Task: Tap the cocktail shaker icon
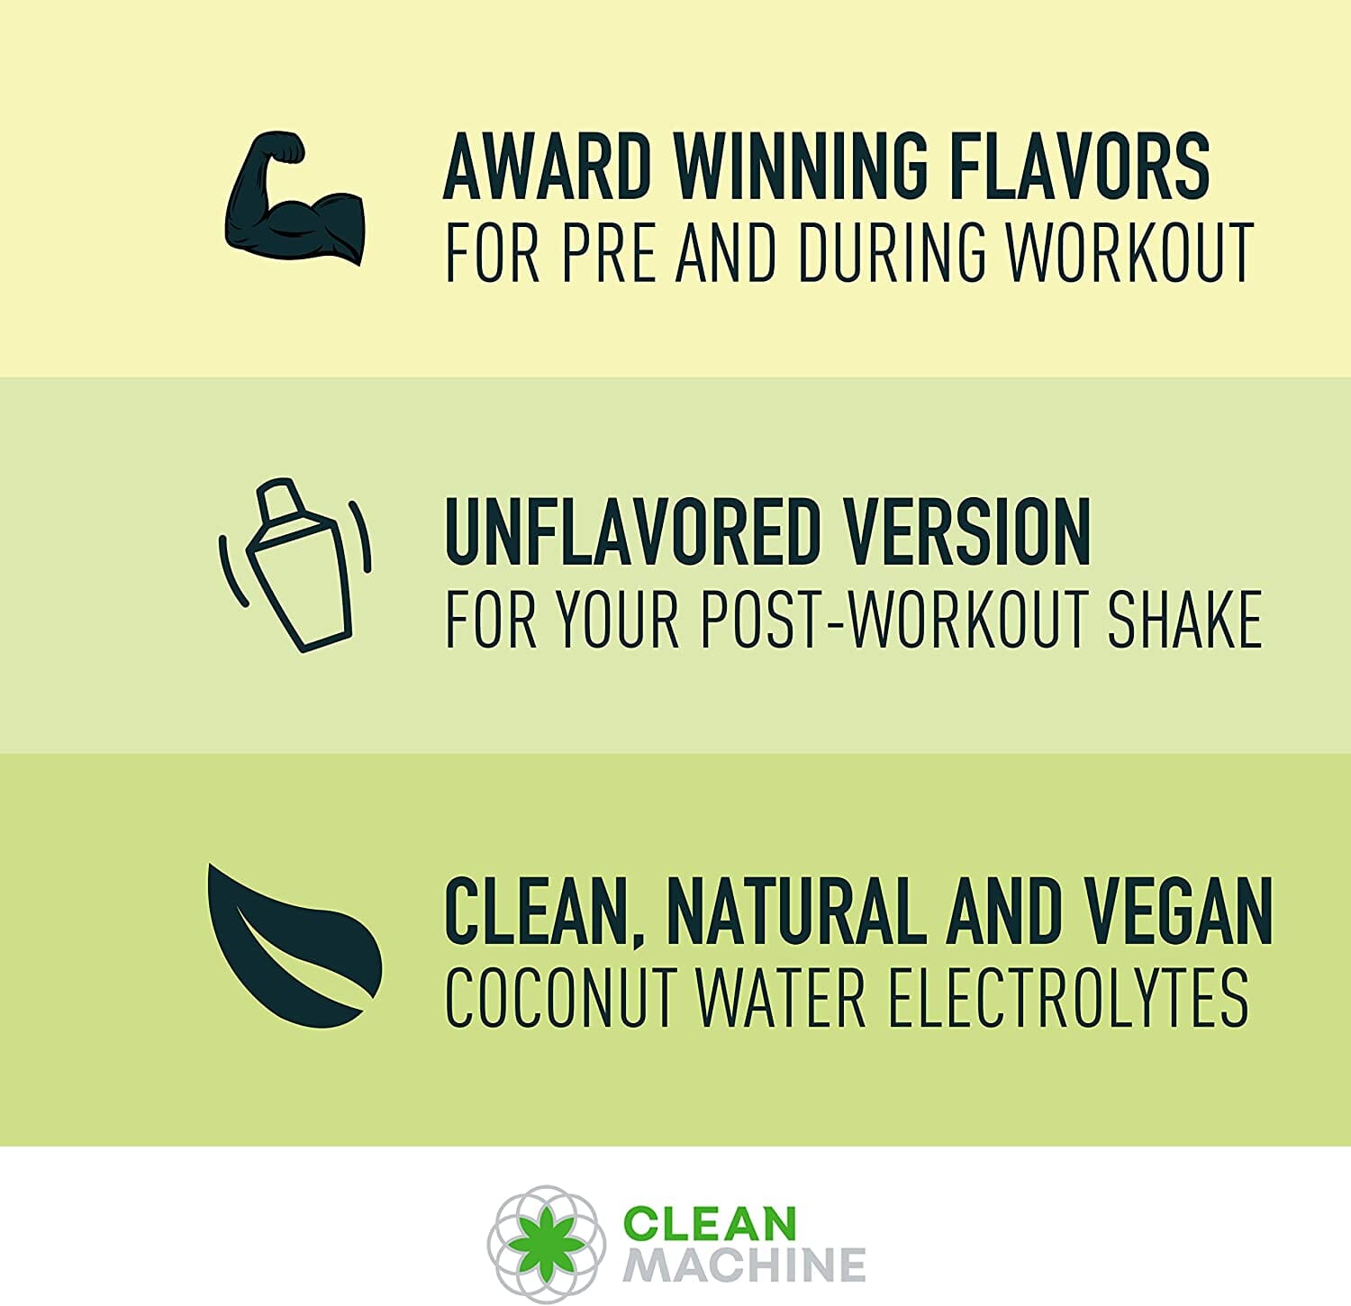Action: (295, 565)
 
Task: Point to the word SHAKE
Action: (1184, 619)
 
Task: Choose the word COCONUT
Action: (559, 997)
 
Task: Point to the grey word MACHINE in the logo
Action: (744, 1265)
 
